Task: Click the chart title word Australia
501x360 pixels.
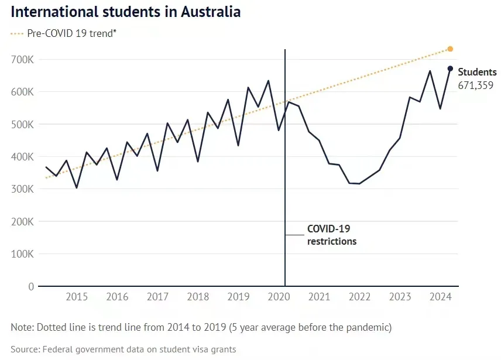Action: (211, 12)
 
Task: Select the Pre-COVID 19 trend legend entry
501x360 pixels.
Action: (64, 33)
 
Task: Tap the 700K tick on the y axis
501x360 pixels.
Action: (22, 59)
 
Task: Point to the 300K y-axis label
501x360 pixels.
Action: (22, 189)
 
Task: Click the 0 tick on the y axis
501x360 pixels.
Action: (31, 286)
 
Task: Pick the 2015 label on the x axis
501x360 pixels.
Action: (77, 297)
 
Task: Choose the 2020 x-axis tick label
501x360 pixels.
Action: (279, 297)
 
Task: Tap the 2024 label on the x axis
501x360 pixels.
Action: (440, 297)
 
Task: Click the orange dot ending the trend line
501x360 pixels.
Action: (450, 49)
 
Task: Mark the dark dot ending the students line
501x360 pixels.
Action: (450, 68)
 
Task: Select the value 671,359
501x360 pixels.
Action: (475, 85)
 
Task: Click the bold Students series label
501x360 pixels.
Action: (478, 72)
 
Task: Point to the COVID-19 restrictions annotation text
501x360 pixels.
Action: (332, 235)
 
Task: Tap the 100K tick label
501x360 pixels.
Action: (22, 254)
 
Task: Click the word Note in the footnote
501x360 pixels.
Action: (22, 327)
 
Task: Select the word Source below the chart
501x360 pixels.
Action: (25, 349)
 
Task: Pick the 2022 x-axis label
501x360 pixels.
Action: (359, 297)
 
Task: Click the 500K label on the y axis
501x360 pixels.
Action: (22, 124)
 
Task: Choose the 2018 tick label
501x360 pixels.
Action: (198, 297)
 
